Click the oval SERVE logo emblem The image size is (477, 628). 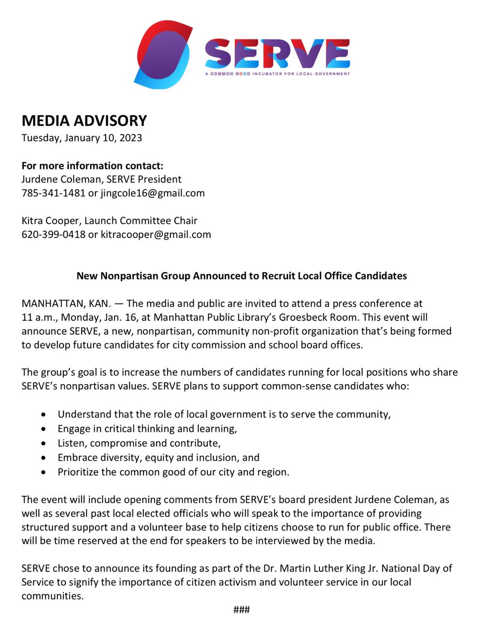163,55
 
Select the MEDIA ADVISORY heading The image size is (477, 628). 84,121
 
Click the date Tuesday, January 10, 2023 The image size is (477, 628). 82,139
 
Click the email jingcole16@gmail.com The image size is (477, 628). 147,193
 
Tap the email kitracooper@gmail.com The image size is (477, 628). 150,234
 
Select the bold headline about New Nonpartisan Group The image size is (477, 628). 241,275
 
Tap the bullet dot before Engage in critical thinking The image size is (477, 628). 46,429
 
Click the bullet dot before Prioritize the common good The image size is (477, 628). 46,472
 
